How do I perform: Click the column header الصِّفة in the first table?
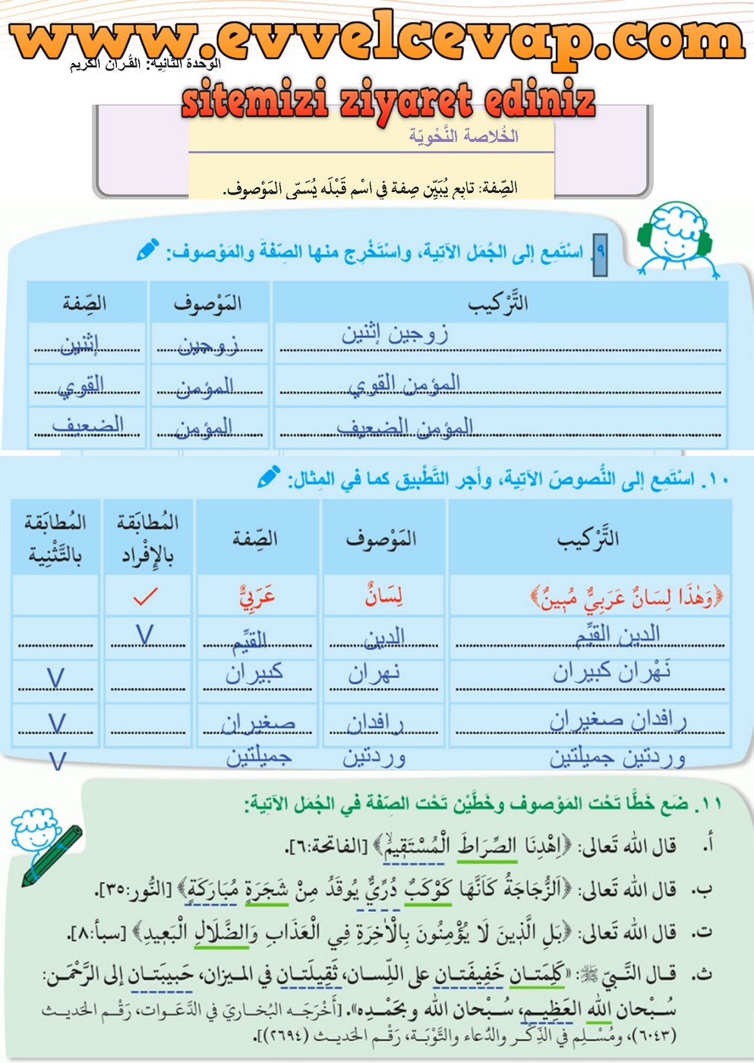[84, 304]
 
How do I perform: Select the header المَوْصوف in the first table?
[208, 304]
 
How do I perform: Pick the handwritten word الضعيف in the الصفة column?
[88, 425]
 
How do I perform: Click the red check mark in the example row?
[145, 597]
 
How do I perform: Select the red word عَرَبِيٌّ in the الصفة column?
[257, 598]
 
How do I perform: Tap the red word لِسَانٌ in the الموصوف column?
[383, 596]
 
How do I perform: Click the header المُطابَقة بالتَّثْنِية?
[55, 538]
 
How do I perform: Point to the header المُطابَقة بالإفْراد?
[148, 538]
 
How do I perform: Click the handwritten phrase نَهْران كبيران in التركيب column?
[611, 671]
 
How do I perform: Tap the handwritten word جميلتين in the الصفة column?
[259, 756]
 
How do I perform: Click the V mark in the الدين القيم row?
[144, 634]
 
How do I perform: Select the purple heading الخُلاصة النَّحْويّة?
[464, 137]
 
